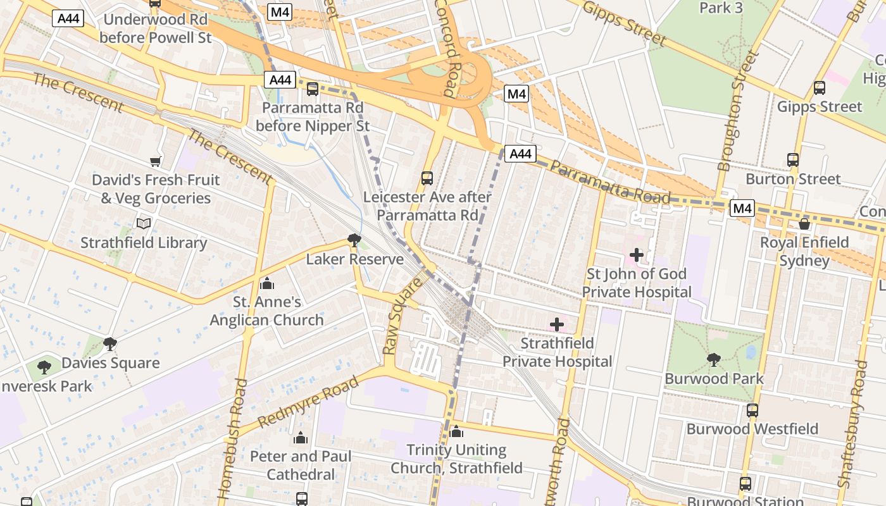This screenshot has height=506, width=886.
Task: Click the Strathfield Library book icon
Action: pyautogui.click(x=144, y=223)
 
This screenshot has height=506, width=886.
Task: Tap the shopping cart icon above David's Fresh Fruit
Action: pyautogui.click(x=156, y=161)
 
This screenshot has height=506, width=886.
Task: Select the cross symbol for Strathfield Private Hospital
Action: pyautogui.click(x=557, y=324)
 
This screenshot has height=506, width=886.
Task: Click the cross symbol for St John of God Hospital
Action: pyautogui.click(x=637, y=255)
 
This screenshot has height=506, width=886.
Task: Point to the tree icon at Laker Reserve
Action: pyautogui.click(x=354, y=240)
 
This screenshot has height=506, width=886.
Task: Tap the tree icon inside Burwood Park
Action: pyautogui.click(x=714, y=359)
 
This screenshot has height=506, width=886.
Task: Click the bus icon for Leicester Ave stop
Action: pyautogui.click(x=427, y=178)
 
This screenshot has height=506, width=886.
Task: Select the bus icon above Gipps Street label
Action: pyautogui.click(x=820, y=88)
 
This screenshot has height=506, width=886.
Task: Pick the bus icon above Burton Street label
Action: pyautogui.click(x=793, y=160)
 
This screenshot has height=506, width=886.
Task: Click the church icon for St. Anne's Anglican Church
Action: pyautogui.click(x=266, y=283)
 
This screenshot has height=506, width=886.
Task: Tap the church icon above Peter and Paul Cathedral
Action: pyautogui.click(x=301, y=438)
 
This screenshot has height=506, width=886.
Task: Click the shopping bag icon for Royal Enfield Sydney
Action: pyautogui.click(x=804, y=224)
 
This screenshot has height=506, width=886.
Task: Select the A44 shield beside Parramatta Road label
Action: pyautogui.click(x=520, y=154)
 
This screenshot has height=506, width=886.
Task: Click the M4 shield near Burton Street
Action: pyautogui.click(x=742, y=208)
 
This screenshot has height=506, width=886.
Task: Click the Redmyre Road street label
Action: pyautogui.click(x=308, y=401)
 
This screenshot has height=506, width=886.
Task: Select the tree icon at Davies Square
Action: pyautogui.click(x=110, y=344)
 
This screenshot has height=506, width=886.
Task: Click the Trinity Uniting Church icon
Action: pyautogui.click(x=456, y=432)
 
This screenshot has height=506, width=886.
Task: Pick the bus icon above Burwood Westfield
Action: pyautogui.click(x=752, y=410)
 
